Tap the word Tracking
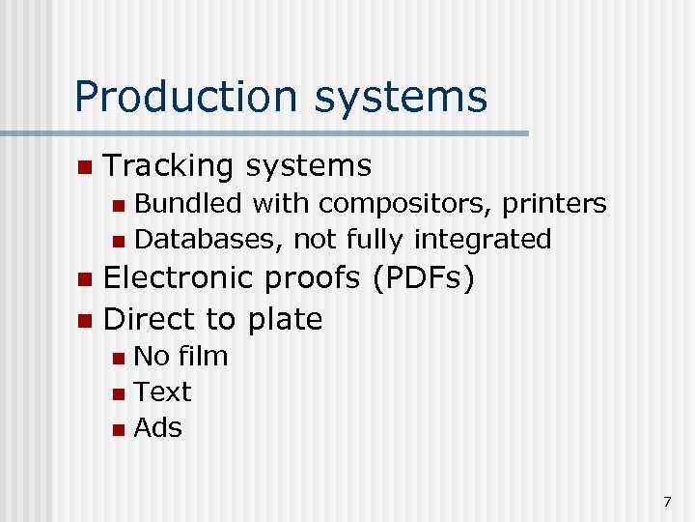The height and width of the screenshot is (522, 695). click(168, 166)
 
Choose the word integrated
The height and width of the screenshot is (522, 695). click(482, 239)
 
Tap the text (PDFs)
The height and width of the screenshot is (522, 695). click(422, 278)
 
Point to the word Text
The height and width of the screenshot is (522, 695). click(162, 391)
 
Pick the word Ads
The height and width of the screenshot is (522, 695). click(157, 427)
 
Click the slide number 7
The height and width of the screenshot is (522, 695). click(666, 502)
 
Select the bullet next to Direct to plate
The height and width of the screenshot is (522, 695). click(84, 320)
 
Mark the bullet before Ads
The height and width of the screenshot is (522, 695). click(118, 429)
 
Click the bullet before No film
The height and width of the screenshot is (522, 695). click(118, 358)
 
